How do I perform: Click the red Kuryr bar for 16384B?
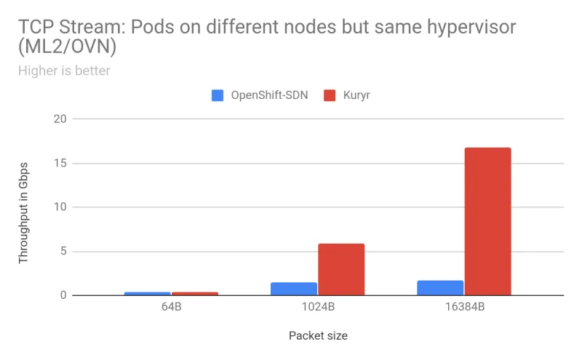(487, 222)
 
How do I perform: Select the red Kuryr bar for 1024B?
(340, 270)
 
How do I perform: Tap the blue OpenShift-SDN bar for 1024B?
(294, 289)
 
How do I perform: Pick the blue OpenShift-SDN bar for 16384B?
(440, 288)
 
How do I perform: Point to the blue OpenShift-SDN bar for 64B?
(148, 294)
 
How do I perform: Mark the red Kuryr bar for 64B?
(194, 294)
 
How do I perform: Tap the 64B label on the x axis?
(171, 307)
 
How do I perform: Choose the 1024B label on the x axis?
(318, 307)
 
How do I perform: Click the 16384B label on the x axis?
(464, 307)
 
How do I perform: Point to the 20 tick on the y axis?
(60, 119)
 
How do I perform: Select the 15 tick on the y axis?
(60, 163)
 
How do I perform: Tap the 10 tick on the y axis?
(60, 207)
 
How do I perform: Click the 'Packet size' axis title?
(318, 336)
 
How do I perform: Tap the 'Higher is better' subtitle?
(63, 71)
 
